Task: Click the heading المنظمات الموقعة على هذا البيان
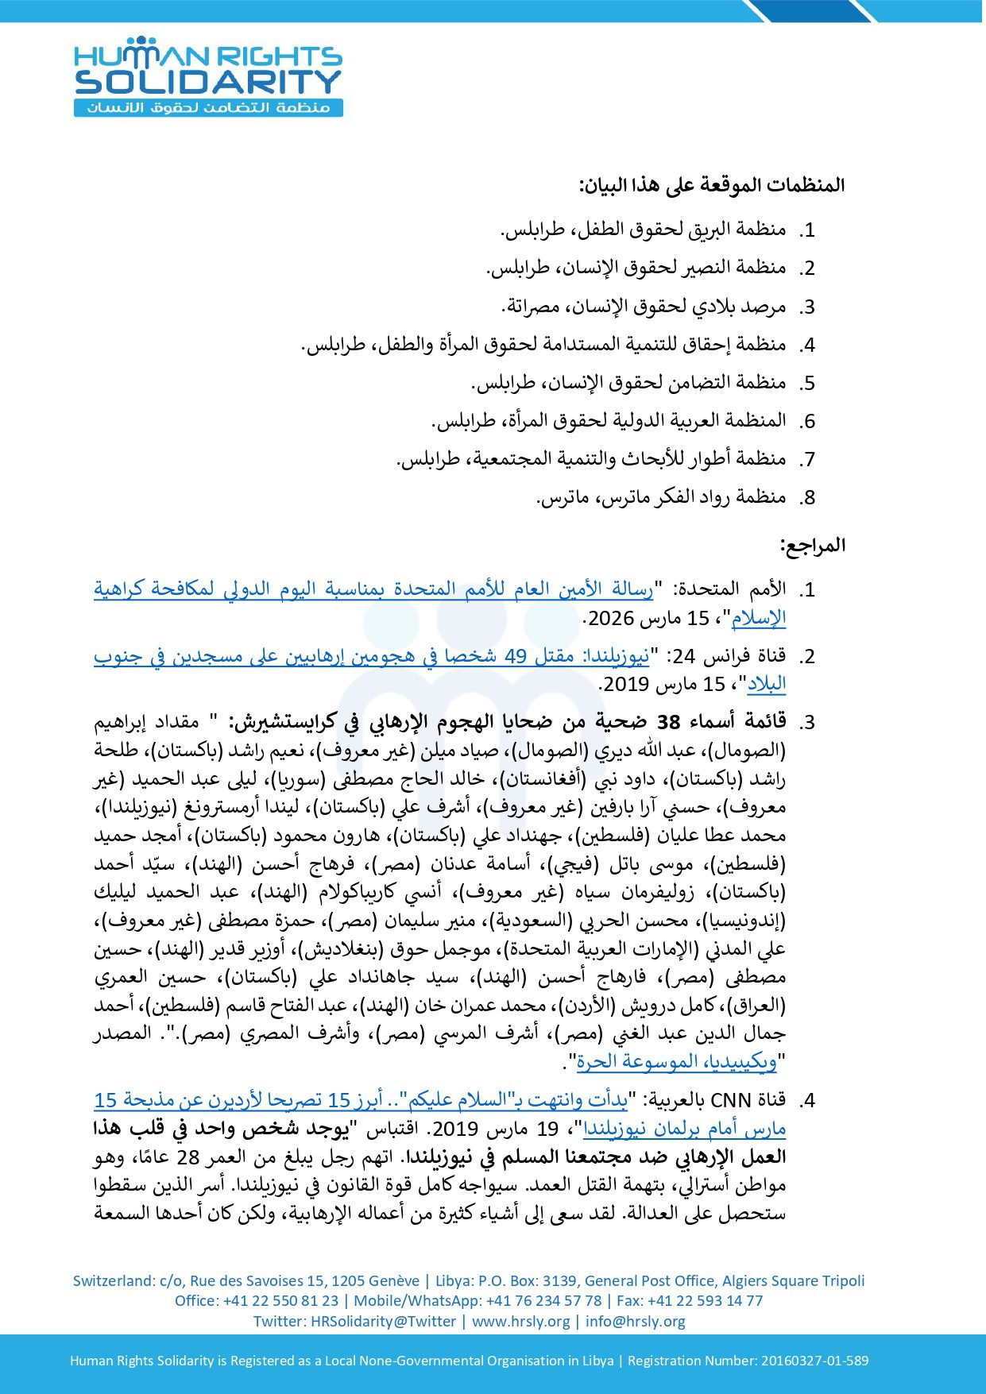(712, 186)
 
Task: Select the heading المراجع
(812, 546)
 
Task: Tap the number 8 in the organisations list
(809, 498)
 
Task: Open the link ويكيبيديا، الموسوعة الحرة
(677, 1061)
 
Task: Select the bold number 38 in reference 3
(669, 722)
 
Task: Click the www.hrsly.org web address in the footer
(520, 1321)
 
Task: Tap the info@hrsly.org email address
(635, 1321)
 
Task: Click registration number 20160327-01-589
(814, 1361)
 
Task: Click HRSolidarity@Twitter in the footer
(383, 1321)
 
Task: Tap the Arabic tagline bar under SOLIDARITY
(208, 107)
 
